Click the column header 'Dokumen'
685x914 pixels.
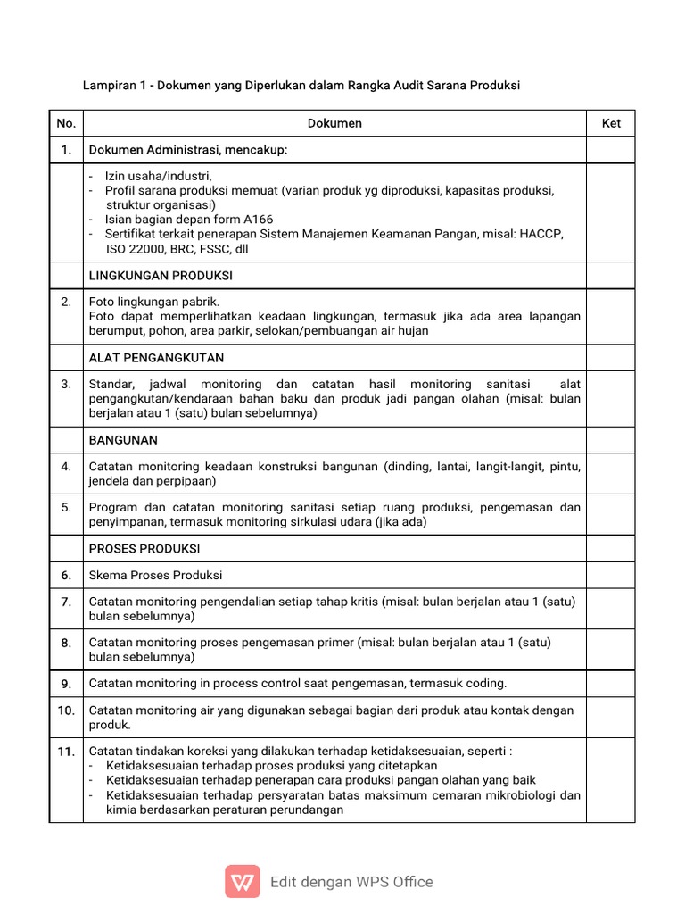[x=334, y=123]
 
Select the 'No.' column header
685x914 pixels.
[x=66, y=123]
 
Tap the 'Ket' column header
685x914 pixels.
[x=610, y=123]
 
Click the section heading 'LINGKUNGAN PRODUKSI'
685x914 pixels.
[x=161, y=275]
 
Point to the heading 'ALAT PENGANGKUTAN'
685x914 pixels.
[x=156, y=358]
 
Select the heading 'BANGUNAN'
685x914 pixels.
[x=123, y=441]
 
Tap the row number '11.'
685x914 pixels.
[x=66, y=752]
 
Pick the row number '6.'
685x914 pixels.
[x=66, y=576]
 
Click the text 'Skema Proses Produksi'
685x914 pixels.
[x=155, y=576]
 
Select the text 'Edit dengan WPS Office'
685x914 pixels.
[x=351, y=882]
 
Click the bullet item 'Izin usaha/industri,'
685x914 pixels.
[x=159, y=176]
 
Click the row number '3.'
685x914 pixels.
[x=66, y=385]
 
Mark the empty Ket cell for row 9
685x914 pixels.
[x=610, y=684]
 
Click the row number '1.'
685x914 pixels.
[x=66, y=150]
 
